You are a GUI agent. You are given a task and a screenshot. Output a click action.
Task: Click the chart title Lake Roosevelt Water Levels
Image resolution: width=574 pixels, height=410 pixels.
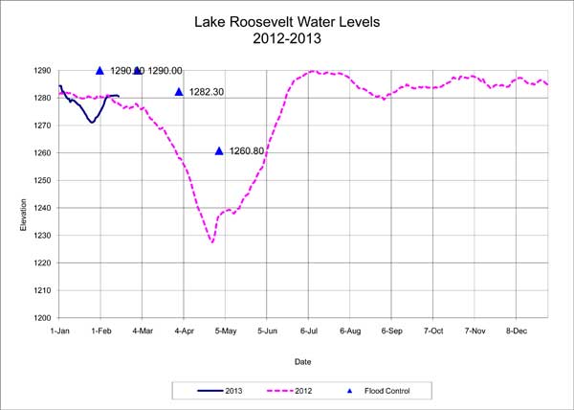click(x=286, y=20)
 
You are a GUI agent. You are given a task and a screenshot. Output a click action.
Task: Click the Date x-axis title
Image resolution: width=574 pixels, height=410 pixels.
click(x=302, y=362)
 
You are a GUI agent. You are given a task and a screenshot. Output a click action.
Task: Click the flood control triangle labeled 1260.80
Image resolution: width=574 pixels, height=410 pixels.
click(x=219, y=151)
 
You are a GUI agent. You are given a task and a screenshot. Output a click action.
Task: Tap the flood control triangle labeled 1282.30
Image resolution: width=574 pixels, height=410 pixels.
click(x=179, y=92)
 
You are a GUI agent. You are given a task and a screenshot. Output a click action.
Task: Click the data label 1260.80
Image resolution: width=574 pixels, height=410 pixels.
click(x=247, y=151)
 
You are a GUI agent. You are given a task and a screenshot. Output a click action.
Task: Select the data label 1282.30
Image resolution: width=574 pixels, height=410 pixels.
click(x=206, y=92)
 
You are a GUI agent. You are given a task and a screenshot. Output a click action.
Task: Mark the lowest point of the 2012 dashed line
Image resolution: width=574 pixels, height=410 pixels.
click(x=211, y=242)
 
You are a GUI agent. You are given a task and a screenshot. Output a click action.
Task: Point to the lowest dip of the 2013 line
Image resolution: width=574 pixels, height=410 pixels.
click(x=91, y=123)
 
